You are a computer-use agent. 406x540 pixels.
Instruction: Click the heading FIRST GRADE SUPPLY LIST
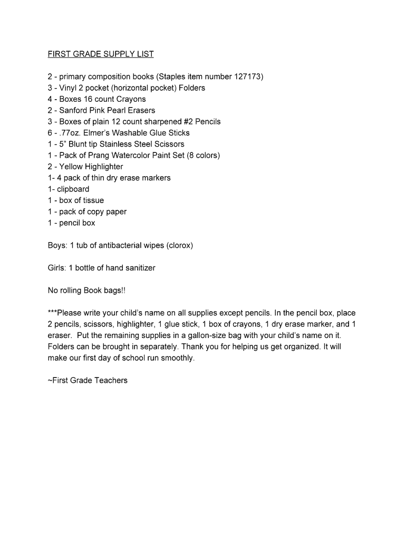(x=101, y=54)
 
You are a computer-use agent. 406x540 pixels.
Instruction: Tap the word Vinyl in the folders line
(x=68, y=88)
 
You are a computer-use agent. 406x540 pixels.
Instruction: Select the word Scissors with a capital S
(x=170, y=144)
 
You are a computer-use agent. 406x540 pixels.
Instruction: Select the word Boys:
(x=56, y=245)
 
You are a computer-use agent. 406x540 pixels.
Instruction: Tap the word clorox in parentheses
(x=180, y=245)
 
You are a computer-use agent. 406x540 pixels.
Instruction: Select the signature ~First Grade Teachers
(x=88, y=380)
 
